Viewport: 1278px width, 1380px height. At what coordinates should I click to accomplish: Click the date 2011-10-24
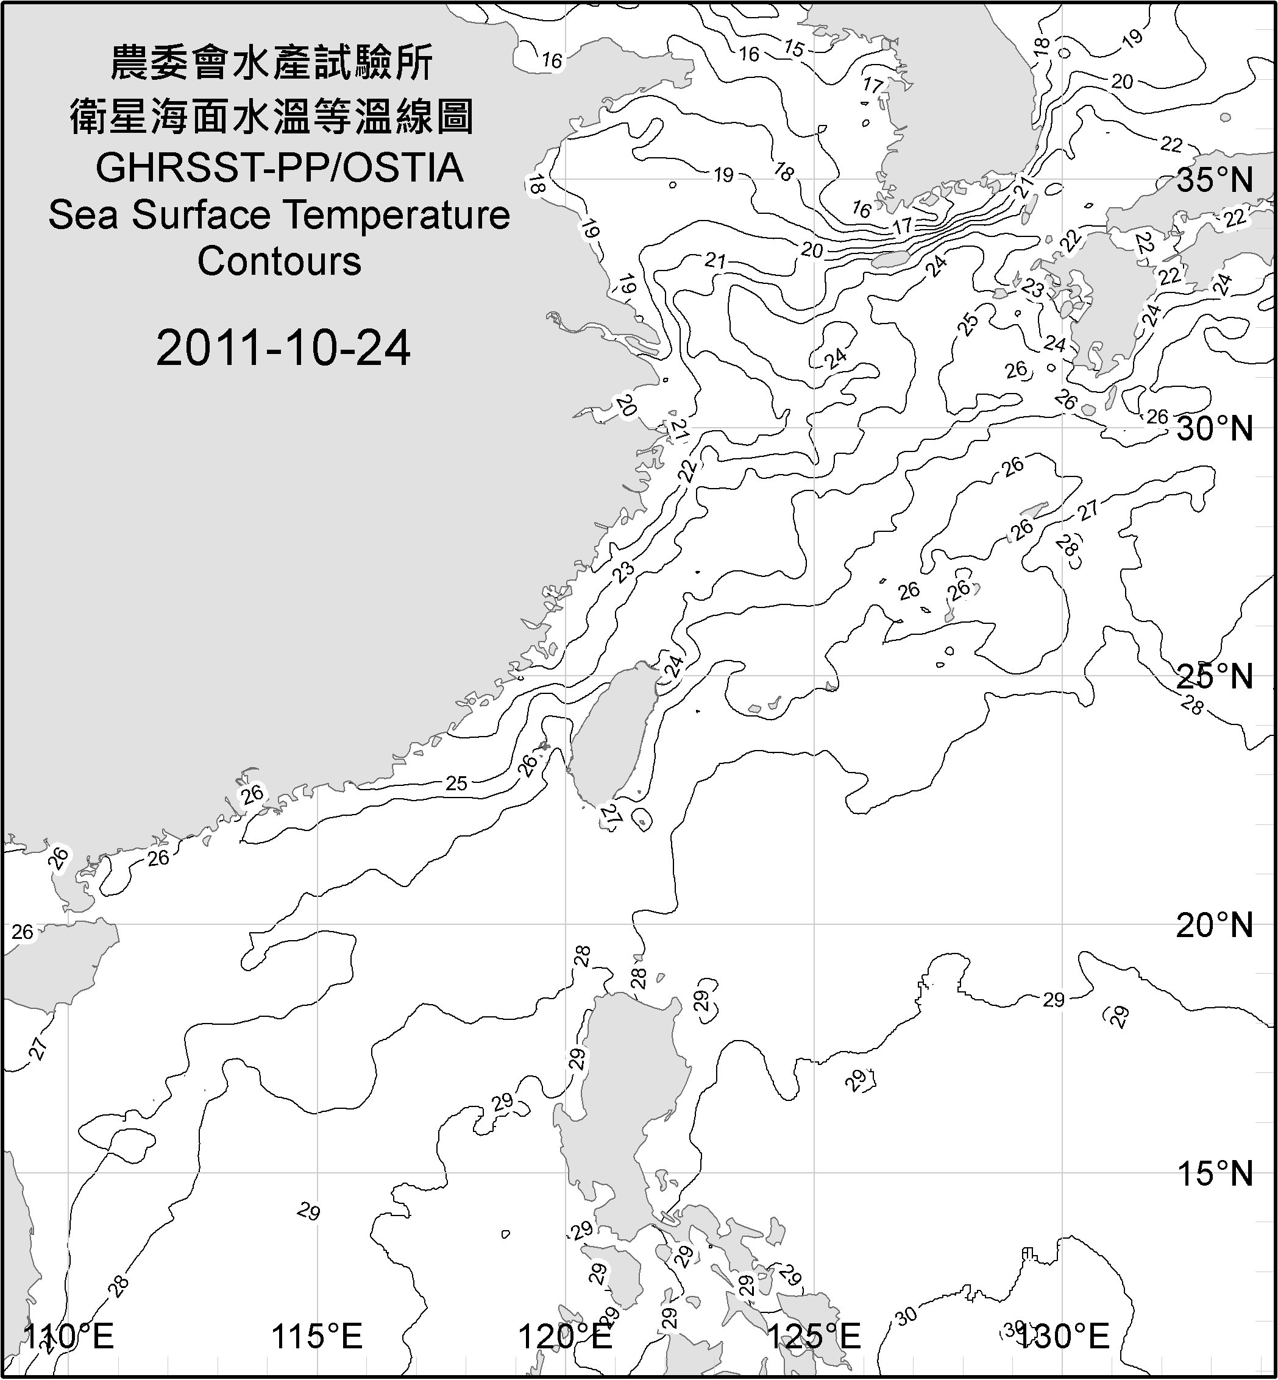pos(283,348)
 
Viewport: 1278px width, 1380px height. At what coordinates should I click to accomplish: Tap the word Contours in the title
pos(279,261)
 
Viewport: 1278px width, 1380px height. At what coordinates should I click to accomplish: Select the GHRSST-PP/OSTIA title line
pos(279,168)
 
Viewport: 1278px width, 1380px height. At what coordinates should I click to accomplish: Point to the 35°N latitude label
pos(1215,180)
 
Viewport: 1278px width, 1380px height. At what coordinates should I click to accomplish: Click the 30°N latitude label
pos(1215,430)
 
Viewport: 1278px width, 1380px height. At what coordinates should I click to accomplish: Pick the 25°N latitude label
pos(1215,676)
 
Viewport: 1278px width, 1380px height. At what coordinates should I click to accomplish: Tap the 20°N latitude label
pos(1215,925)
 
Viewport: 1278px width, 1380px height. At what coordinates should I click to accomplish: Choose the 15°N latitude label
pos(1215,1173)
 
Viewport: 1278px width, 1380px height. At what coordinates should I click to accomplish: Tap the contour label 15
pos(795,48)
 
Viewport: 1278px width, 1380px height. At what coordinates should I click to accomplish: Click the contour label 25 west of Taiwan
pos(456,784)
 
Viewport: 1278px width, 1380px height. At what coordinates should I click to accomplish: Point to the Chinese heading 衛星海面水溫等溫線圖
pos(272,116)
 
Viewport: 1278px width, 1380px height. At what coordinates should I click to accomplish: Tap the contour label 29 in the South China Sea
pos(309,1211)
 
